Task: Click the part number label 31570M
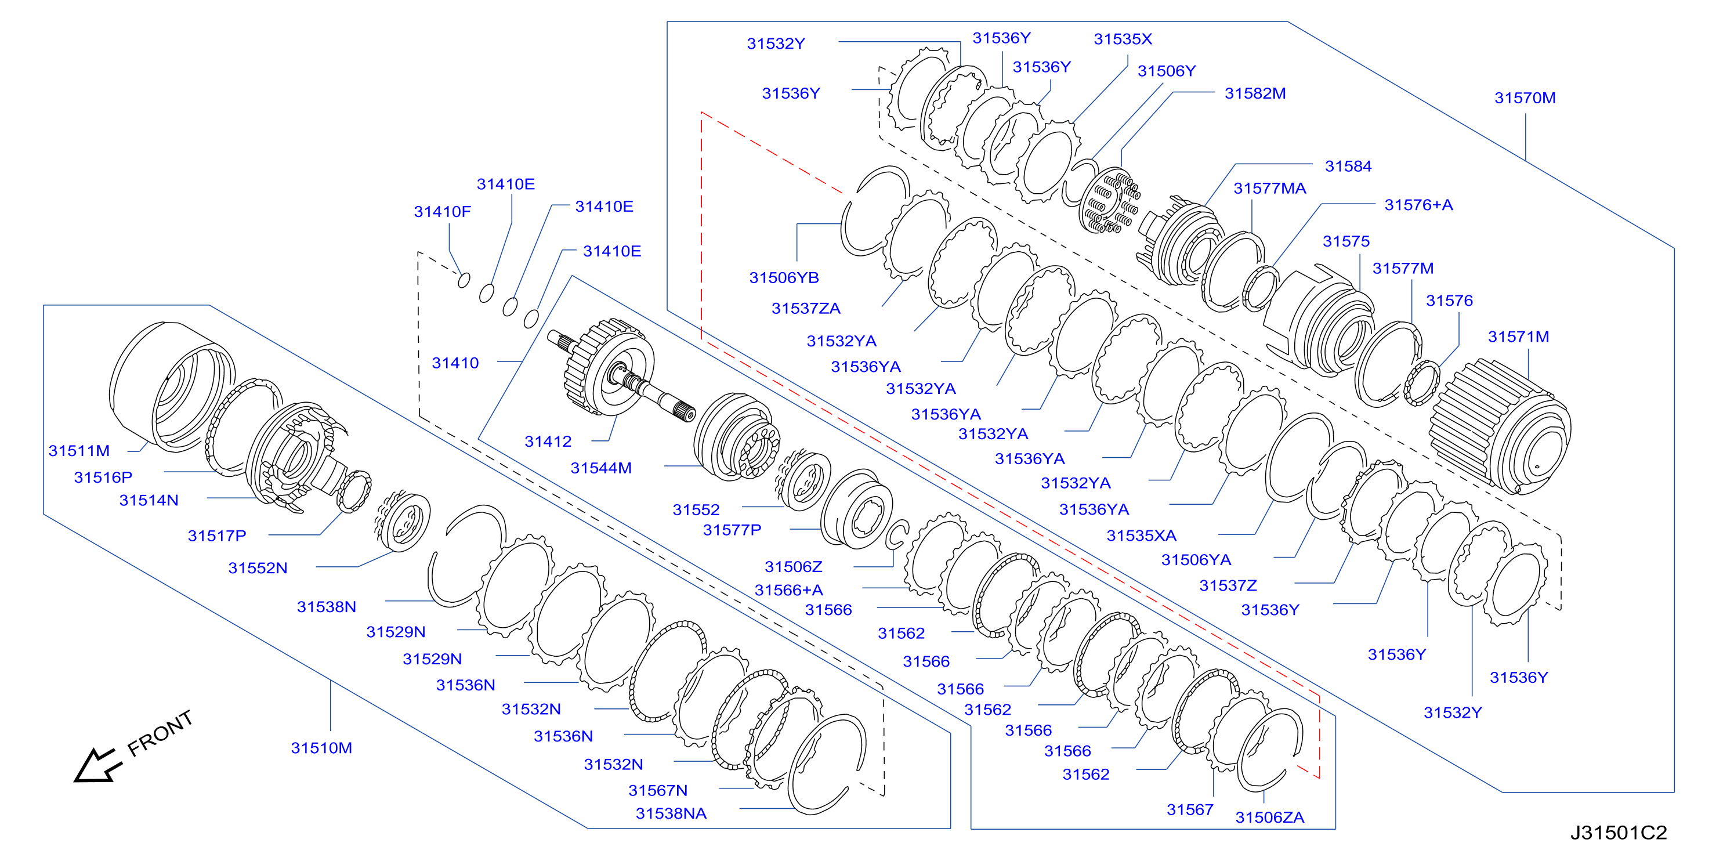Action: pyautogui.click(x=1525, y=98)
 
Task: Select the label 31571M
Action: pyautogui.click(x=1518, y=337)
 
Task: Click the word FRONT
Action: pyautogui.click(x=160, y=733)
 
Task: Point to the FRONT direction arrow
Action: pyautogui.click(x=97, y=766)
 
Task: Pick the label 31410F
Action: pyautogui.click(x=442, y=212)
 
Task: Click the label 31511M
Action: pyautogui.click(x=79, y=451)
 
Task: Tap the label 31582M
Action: pyautogui.click(x=1255, y=93)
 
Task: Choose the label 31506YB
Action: pyautogui.click(x=784, y=278)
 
